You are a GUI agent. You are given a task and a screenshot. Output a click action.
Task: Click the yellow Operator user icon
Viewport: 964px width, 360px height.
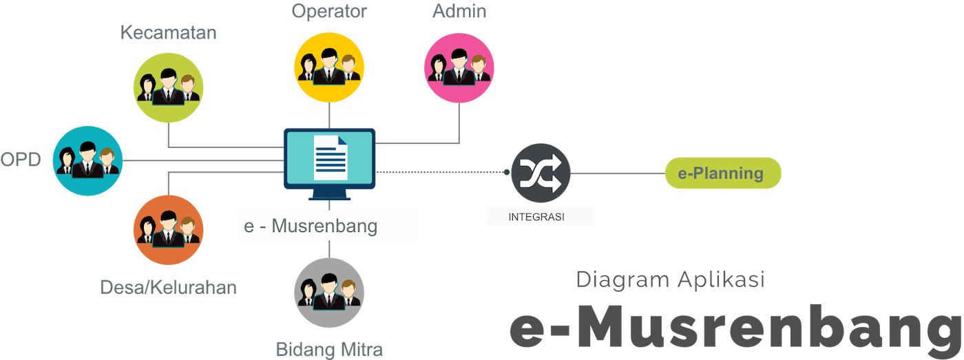click(x=328, y=68)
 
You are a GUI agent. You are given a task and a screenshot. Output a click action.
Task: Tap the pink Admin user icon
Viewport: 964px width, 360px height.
click(x=459, y=68)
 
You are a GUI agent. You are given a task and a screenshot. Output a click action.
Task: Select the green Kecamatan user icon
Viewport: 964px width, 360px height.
click(x=168, y=88)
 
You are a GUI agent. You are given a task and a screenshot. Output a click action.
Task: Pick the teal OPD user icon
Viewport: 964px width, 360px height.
click(x=88, y=161)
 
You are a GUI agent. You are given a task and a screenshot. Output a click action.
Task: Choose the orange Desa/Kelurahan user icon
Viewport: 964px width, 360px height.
click(x=168, y=231)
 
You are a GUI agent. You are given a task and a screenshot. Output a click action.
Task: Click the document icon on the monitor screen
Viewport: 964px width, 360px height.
click(x=330, y=158)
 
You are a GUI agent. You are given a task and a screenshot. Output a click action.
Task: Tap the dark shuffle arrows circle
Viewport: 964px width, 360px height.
click(x=541, y=173)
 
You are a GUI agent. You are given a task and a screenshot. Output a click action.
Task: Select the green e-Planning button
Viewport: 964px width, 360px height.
click(x=722, y=173)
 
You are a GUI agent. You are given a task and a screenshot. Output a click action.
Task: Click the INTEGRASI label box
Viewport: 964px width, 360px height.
click(x=539, y=217)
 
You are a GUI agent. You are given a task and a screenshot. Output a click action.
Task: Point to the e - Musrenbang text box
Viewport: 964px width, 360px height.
click(x=328, y=226)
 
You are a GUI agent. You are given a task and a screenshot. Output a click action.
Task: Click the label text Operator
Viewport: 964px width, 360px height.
click(x=329, y=12)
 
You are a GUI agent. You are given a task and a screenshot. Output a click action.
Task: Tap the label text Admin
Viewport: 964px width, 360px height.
click(x=460, y=12)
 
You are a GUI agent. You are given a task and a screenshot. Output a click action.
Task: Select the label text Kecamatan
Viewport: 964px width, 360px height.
click(x=169, y=32)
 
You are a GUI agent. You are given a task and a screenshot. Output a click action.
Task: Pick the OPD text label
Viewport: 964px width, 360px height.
click(x=21, y=160)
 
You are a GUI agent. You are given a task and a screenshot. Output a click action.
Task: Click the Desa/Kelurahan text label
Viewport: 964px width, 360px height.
click(x=169, y=287)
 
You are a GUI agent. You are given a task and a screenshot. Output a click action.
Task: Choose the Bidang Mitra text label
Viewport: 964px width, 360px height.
click(x=329, y=349)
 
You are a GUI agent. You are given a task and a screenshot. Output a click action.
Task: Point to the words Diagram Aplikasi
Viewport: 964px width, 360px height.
click(x=671, y=280)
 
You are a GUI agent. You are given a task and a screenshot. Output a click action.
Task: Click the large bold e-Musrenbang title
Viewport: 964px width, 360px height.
click(x=735, y=329)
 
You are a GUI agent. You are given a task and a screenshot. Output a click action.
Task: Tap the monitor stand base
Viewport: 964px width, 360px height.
click(x=330, y=197)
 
